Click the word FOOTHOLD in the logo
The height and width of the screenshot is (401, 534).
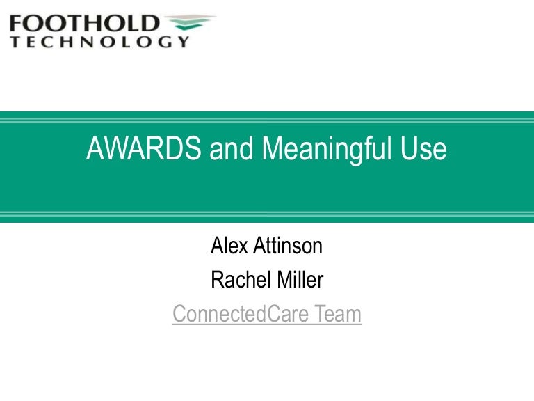[x=84, y=23]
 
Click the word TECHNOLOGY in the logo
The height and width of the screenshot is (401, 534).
[x=99, y=42]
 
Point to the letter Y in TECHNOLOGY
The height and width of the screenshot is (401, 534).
[x=183, y=42]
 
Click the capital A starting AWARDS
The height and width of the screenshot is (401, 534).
[x=95, y=150]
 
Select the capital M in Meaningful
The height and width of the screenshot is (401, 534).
[x=272, y=150]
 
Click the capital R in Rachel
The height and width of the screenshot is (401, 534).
[x=217, y=280]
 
